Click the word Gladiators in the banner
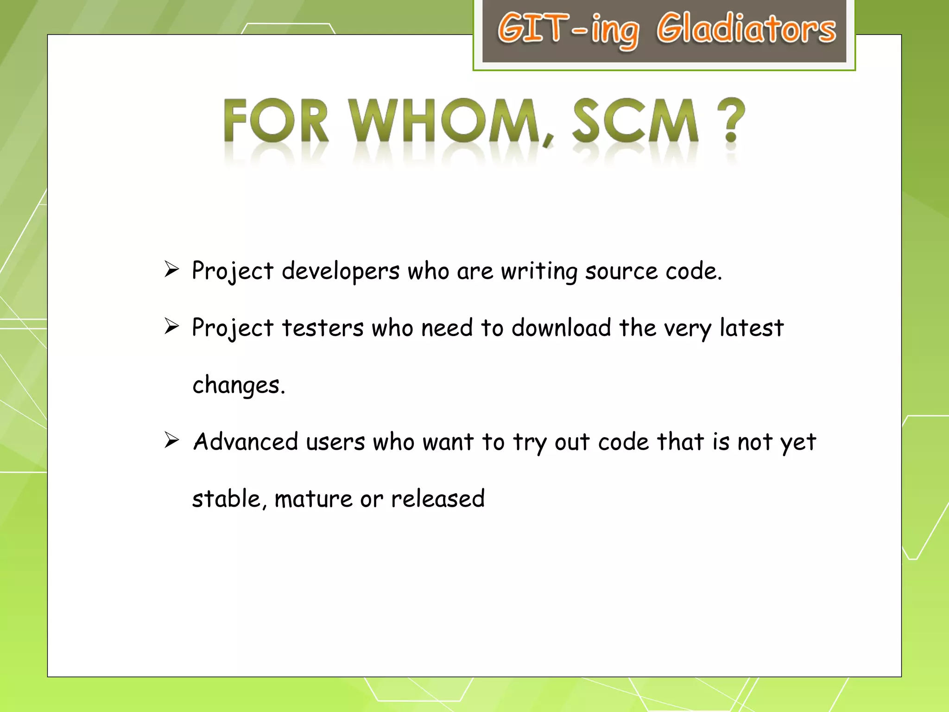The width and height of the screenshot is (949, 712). [746, 29]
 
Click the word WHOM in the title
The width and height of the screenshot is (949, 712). [445, 121]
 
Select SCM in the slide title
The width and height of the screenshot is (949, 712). [635, 121]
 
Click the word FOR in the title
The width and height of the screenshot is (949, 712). [276, 121]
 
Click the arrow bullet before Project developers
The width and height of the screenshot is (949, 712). [171, 269]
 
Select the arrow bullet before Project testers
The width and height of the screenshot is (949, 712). [171, 326]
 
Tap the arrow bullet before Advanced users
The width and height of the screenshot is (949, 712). [171, 440]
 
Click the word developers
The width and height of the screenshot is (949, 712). [341, 272]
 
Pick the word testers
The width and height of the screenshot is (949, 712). [323, 328]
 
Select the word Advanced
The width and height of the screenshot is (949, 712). [246, 441]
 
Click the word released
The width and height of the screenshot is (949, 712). [437, 499]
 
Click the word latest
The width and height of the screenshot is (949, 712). [751, 328]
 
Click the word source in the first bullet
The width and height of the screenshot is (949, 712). [621, 272]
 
